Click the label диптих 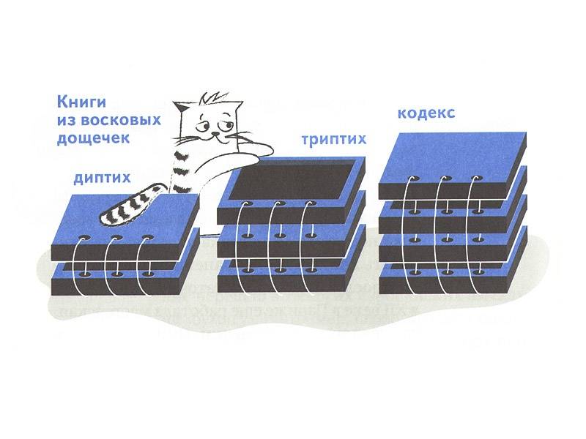point(102,178)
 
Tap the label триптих point(334,139)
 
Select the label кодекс point(426,113)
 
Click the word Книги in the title point(81,102)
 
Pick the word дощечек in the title point(93,138)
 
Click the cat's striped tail point(129,206)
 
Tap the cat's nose point(215,133)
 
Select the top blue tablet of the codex point(453,165)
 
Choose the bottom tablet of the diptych point(124,279)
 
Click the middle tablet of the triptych point(291,241)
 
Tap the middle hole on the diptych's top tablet point(116,238)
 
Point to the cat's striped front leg point(182,169)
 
